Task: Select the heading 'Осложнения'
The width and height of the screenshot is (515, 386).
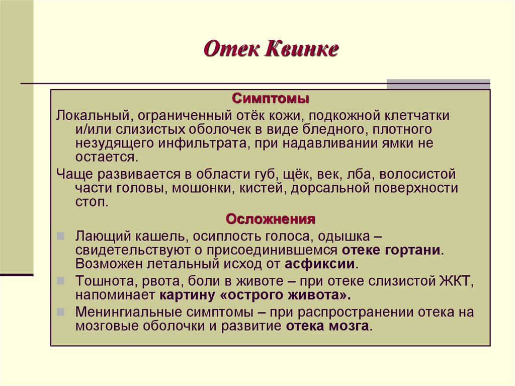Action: [x=271, y=219]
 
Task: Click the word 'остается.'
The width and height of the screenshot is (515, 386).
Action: [x=106, y=157]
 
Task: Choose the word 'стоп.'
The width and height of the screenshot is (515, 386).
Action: [x=92, y=202]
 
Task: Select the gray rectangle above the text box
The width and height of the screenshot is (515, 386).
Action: [x=438, y=84]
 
